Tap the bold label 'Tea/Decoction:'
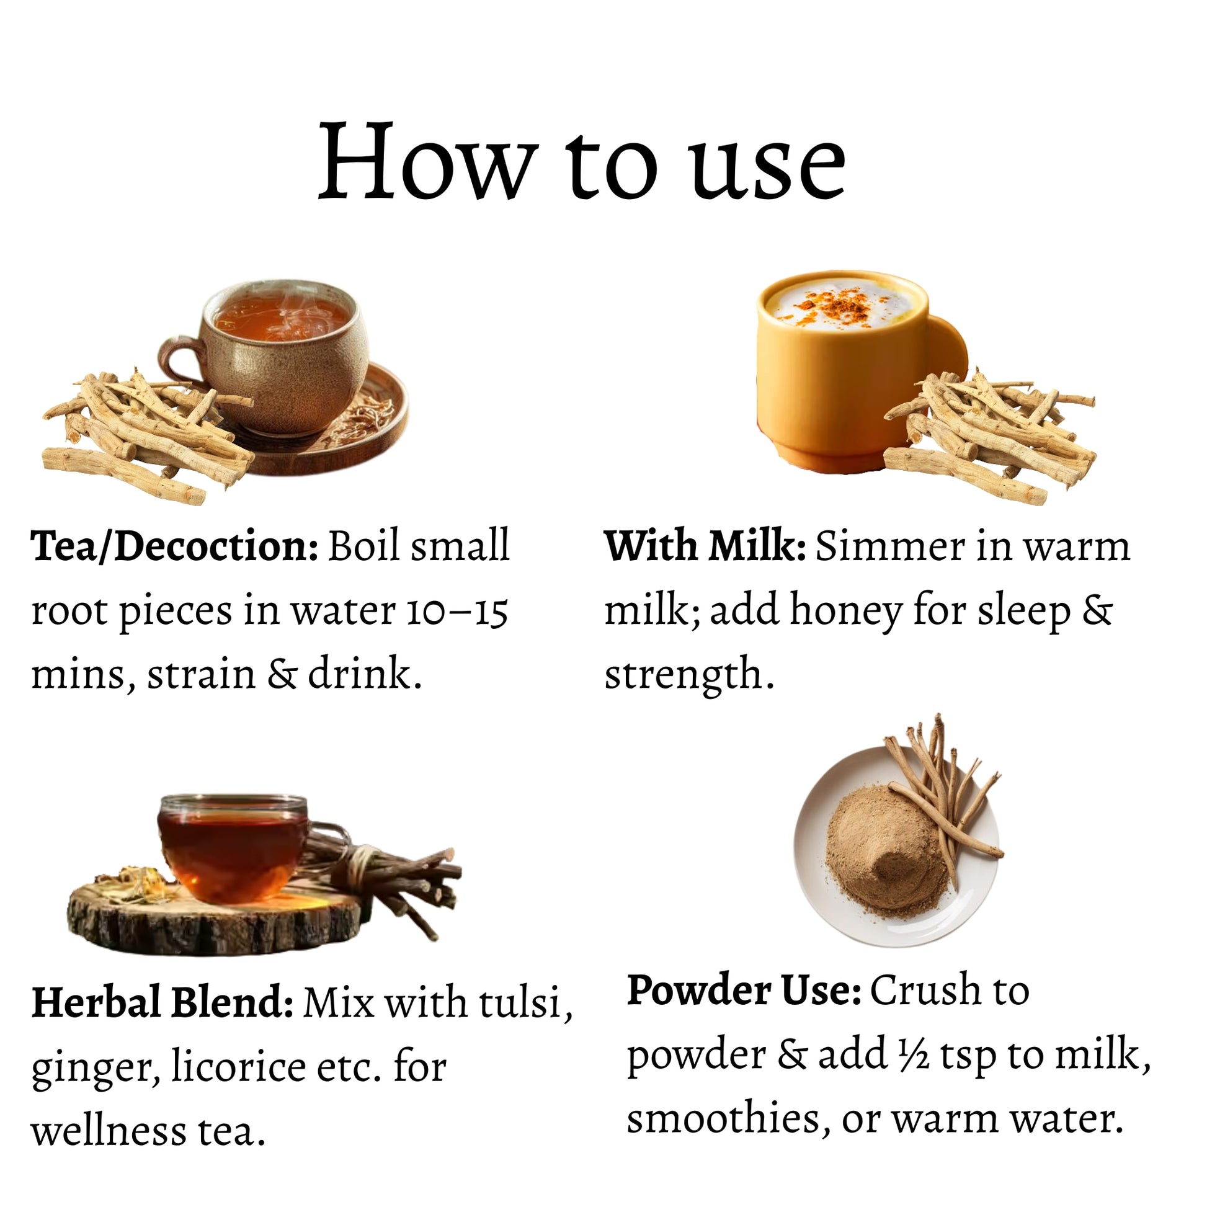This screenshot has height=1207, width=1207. coord(175,546)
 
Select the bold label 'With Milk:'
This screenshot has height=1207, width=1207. coord(705,546)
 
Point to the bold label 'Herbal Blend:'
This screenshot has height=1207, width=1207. coord(163,1002)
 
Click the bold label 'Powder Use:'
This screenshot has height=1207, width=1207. coord(745,990)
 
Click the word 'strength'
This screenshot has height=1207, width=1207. coord(683,675)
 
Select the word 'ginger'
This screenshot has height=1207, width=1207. coord(91,1069)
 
